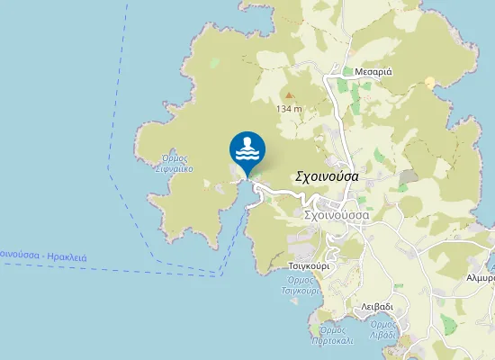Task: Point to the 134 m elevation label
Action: [289, 109]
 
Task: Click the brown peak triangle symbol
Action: [289, 94]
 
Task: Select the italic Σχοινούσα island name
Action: [328, 176]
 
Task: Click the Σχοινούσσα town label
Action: [337, 216]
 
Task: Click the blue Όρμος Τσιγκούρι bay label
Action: [301, 285]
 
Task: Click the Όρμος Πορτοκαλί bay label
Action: [334, 336]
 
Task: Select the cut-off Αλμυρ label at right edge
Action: [481, 278]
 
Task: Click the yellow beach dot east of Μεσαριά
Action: [430, 82]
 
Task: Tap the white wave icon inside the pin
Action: [247, 146]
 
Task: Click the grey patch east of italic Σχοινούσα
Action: [409, 175]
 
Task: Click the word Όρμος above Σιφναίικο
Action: [175, 157]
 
